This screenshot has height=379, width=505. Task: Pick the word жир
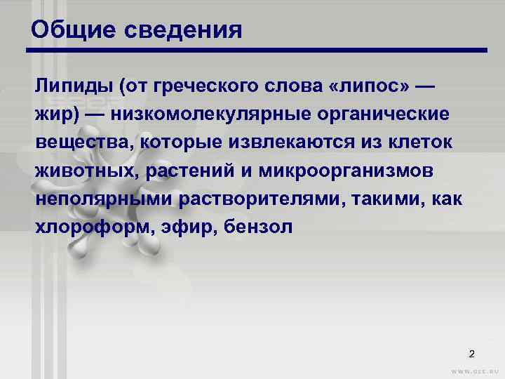[51, 114]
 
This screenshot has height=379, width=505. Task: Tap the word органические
[384, 114]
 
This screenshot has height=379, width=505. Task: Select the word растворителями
[267, 199]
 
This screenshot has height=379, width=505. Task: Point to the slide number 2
[471, 353]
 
